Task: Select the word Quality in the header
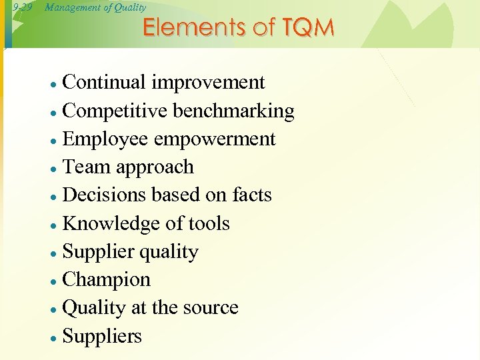[129, 7]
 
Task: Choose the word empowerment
[214, 139]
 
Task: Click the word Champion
[106, 280]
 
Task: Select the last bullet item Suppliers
[102, 337]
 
